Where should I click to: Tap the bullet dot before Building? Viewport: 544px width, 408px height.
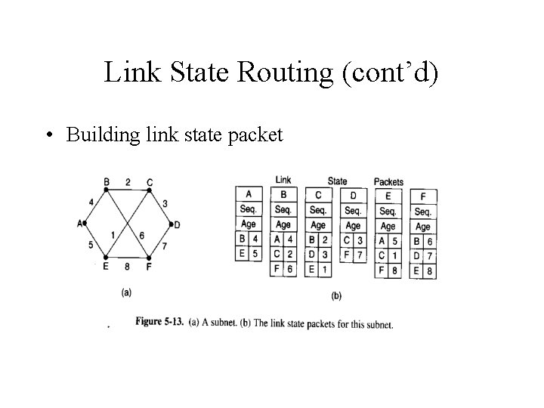tap(48, 135)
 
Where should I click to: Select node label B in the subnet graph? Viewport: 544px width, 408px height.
tap(107, 182)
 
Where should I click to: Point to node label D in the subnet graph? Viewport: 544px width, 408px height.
tap(177, 224)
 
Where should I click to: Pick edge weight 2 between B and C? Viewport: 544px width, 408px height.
tap(128, 182)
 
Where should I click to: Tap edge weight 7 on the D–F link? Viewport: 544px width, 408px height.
tap(164, 246)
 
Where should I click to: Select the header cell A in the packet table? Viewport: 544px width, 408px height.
tap(248, 193)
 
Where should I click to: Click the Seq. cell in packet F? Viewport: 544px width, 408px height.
tap(423, 212)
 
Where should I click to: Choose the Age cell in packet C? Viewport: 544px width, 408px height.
tap(318, 225)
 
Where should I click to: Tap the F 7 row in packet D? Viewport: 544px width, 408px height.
tap(353, 255)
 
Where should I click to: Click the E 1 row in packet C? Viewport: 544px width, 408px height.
tap(318, 270)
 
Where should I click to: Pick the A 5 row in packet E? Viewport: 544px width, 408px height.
tap(388, 241)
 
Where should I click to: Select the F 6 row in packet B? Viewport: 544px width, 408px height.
tap(283, 270)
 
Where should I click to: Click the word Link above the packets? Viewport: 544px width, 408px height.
tap(283, 180)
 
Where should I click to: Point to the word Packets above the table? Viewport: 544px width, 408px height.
tap(388, 182)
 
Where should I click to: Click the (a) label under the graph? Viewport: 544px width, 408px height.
tap(127, 290)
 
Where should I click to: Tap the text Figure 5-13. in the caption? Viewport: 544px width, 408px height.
tap(159, 323)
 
